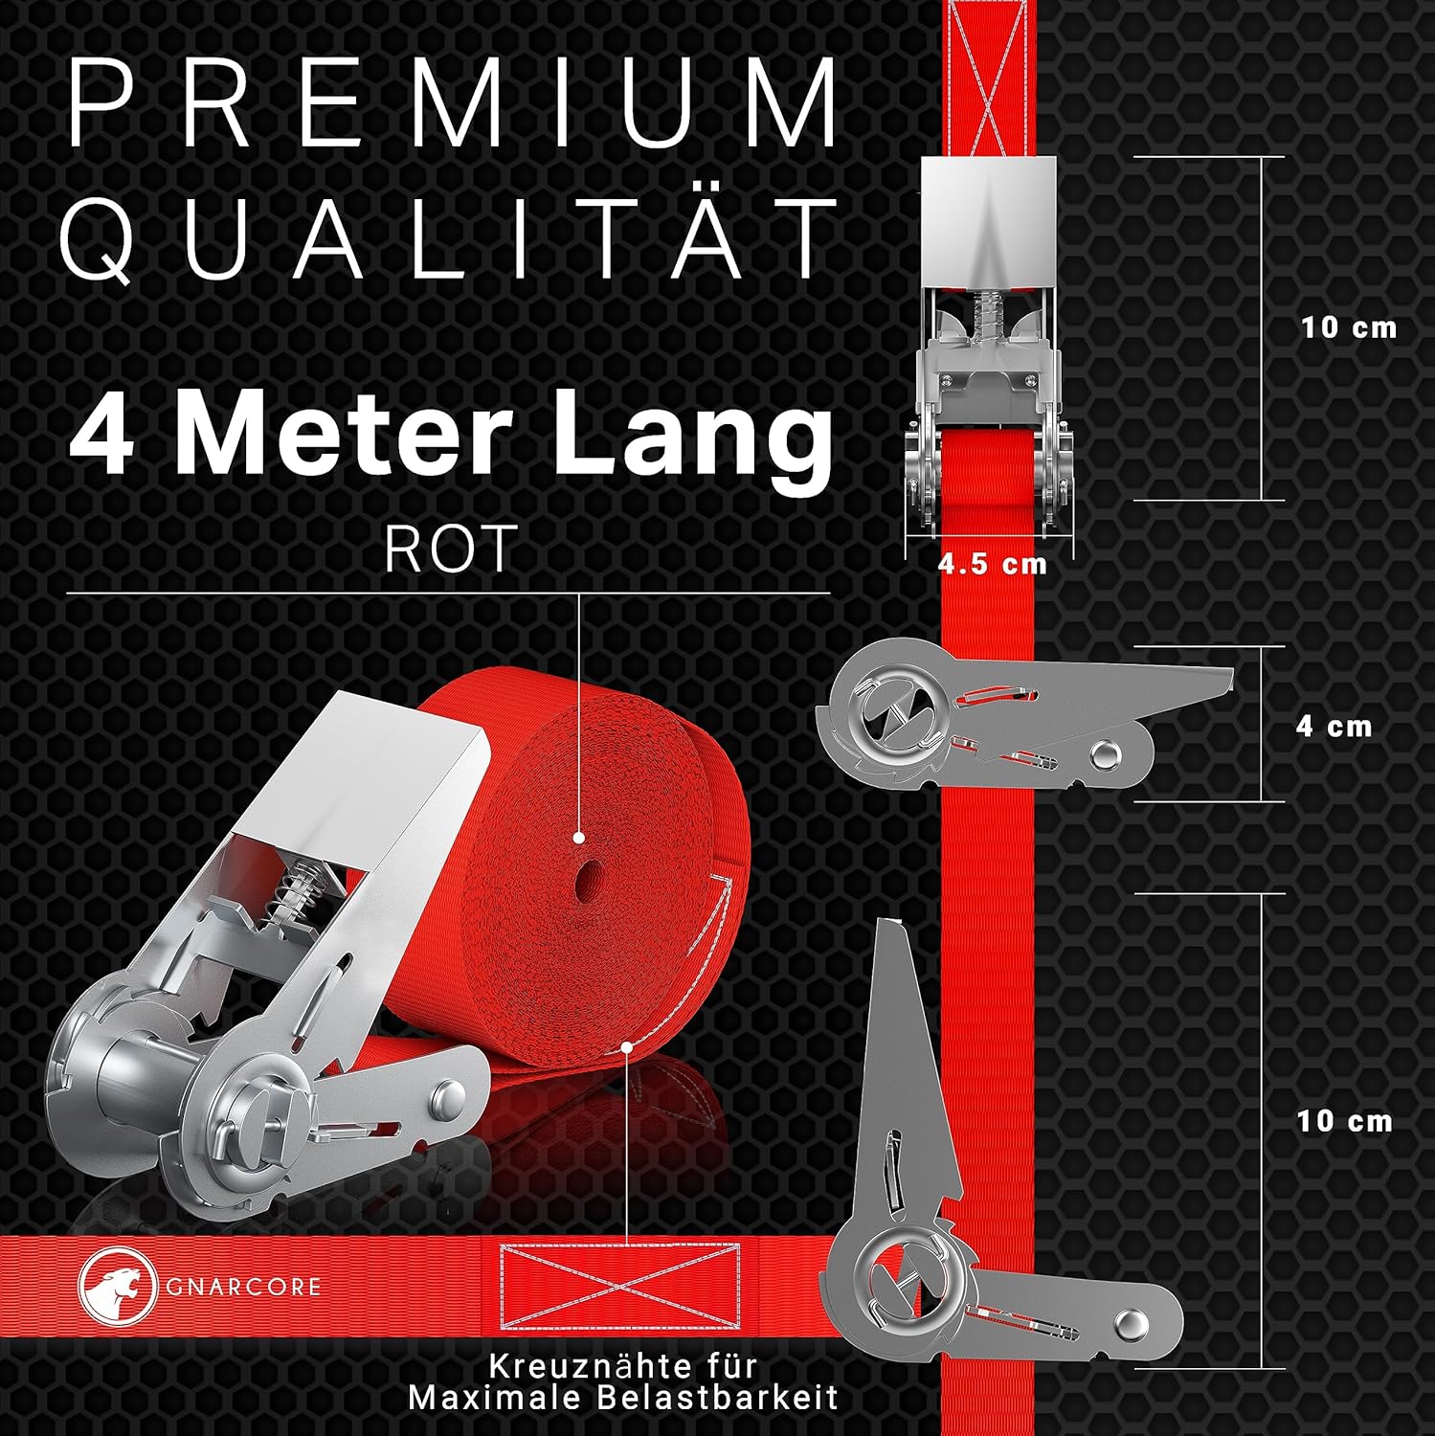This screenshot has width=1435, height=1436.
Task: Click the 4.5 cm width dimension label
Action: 992,564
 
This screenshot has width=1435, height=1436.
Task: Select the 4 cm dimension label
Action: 1334,726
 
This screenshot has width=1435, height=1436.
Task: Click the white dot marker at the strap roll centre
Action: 579,838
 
